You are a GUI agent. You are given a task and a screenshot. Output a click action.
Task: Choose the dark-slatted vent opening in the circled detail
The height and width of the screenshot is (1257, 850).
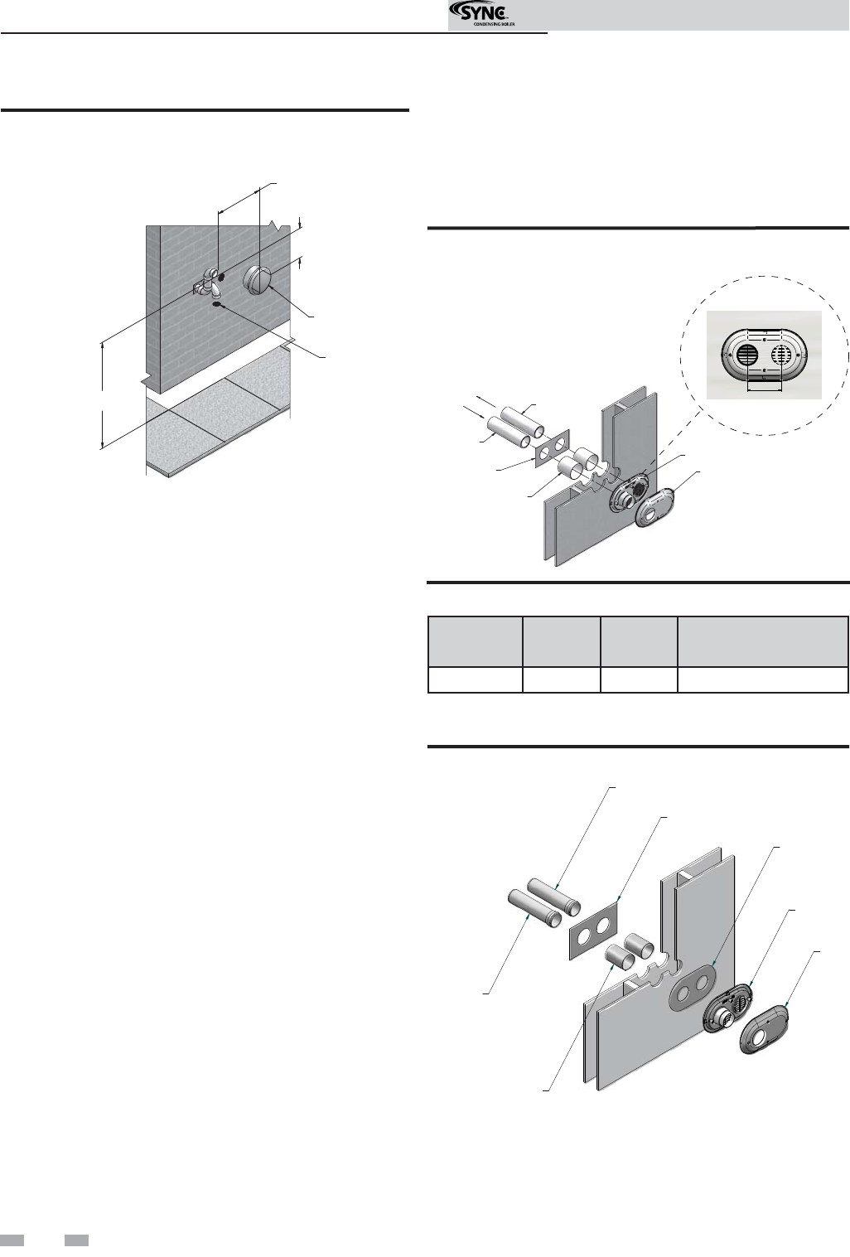(746, 355)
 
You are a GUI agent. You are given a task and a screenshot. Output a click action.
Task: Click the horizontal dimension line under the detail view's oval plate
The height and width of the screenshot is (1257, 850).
(765, 389)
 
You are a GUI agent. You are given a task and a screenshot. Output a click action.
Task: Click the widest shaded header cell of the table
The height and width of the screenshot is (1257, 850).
(762, 641)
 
